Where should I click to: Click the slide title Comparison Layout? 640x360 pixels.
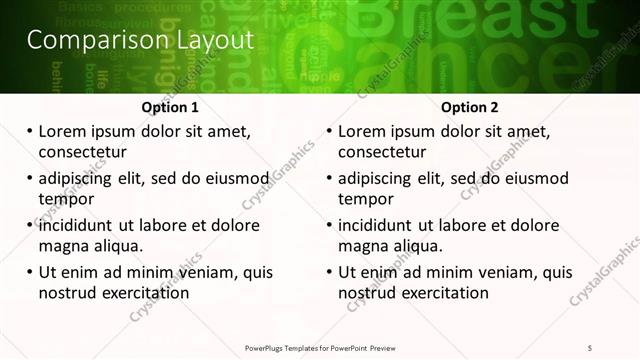[140, 41]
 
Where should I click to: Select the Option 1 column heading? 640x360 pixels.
[170, 107]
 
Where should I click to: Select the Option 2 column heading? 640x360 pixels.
[470, 107]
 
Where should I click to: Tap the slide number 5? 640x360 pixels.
[591, 347]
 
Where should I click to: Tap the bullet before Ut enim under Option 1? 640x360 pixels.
[28, 272]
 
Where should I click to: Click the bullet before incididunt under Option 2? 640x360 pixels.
[328, 225]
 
